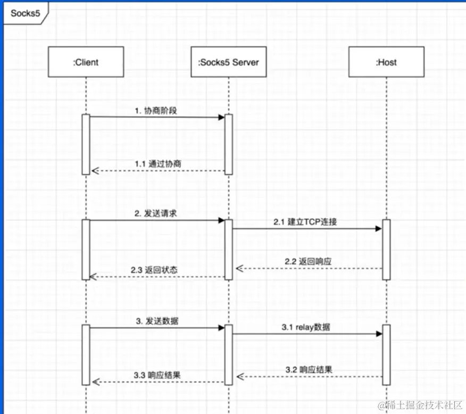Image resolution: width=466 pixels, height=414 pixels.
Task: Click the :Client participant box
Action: pos(86,62)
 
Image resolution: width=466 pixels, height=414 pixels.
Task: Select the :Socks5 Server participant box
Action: pos(228,62)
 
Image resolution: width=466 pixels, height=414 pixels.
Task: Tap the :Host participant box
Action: pos(386,62)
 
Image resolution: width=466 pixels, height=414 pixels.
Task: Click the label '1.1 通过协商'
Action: pos(157,164)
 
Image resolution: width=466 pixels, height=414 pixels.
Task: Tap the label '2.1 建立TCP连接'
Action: pos(305,222)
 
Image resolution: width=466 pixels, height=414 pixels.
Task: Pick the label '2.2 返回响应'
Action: pos(309,261)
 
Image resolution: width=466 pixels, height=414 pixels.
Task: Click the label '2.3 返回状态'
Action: pos(154,270)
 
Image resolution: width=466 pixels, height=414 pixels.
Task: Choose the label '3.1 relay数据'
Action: pos(305,327)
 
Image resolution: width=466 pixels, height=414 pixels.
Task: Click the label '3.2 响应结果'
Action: pos(309,369)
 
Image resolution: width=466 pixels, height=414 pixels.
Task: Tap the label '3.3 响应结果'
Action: pos(157,375)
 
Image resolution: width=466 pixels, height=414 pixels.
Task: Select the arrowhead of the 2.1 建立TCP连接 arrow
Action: pos(379,229)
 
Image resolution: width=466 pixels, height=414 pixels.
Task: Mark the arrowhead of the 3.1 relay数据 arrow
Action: pos(379,334)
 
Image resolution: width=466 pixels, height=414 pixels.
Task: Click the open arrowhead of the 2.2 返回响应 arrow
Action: pos(239,269)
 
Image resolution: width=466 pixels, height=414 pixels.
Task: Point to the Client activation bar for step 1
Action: pos(86,144)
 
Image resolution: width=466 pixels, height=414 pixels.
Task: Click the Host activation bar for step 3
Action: pos(386,354)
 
